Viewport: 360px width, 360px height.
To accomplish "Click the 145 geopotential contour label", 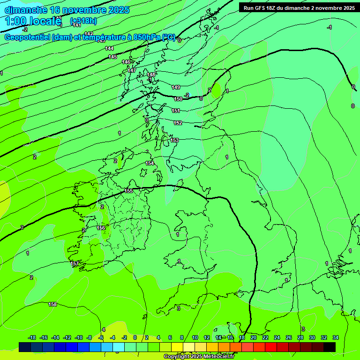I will click(x=112, y=57).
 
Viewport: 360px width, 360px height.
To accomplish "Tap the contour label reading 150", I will click(x=178, y=99).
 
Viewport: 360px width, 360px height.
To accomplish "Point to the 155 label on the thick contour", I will click(x=129, y=191).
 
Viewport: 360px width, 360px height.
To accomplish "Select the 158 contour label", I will click(x=52, y=304).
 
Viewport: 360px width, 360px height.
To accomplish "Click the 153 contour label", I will click(x=174, y=140).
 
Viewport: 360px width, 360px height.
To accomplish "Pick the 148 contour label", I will click(x=151, y=75).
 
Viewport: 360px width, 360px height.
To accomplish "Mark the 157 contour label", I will click(x=75, y=264).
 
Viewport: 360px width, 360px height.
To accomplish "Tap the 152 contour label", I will click(x=178, y=123).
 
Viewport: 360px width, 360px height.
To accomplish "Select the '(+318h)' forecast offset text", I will click(x=83, y=21).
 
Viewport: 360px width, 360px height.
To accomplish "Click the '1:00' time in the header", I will click(x=15, y=21).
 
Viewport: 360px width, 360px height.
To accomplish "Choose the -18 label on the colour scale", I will click(x=32, y=337).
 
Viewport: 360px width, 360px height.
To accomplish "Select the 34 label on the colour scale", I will click(x=336, y=337).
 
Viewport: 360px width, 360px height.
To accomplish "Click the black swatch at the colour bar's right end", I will click(x=330, y=347).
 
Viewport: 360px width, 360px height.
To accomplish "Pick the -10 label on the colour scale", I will click(x=78, y=337).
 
